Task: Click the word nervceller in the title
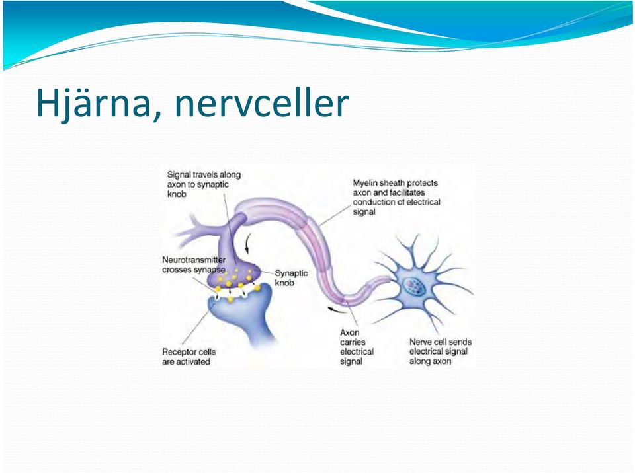(262, 103)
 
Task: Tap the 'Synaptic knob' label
(291, 278)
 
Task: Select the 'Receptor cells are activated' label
(189, 357)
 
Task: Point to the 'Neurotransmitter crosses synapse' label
(194, 265)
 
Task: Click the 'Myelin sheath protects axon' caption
(396, 197)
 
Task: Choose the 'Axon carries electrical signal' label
(357, 347)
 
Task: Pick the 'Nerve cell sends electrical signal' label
(441, 351)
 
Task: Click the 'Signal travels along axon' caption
(204, 184)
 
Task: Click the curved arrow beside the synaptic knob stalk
(247, 242)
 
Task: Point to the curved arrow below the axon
(337, 310)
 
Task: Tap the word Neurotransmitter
(194, 260)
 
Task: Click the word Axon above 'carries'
(349, 332)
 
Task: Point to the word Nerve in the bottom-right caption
(419, 342)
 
